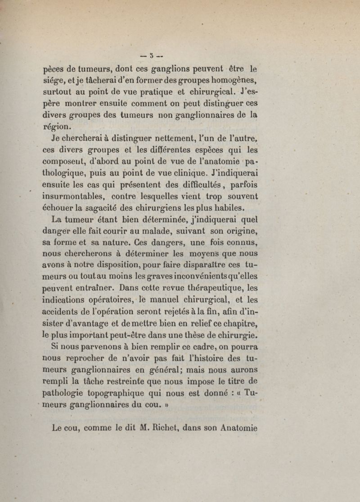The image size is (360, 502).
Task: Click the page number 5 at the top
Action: [x=153, y=56]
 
